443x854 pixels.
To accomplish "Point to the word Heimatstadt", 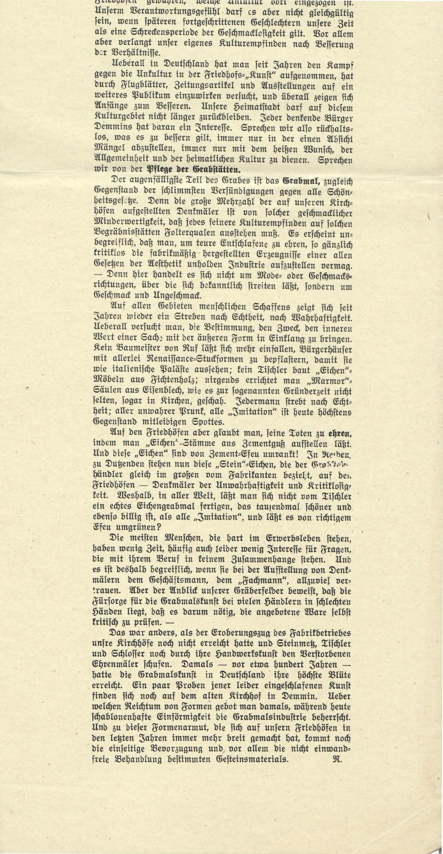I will tap(251, 106).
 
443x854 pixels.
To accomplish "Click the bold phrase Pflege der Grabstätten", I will tap(194, 170).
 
